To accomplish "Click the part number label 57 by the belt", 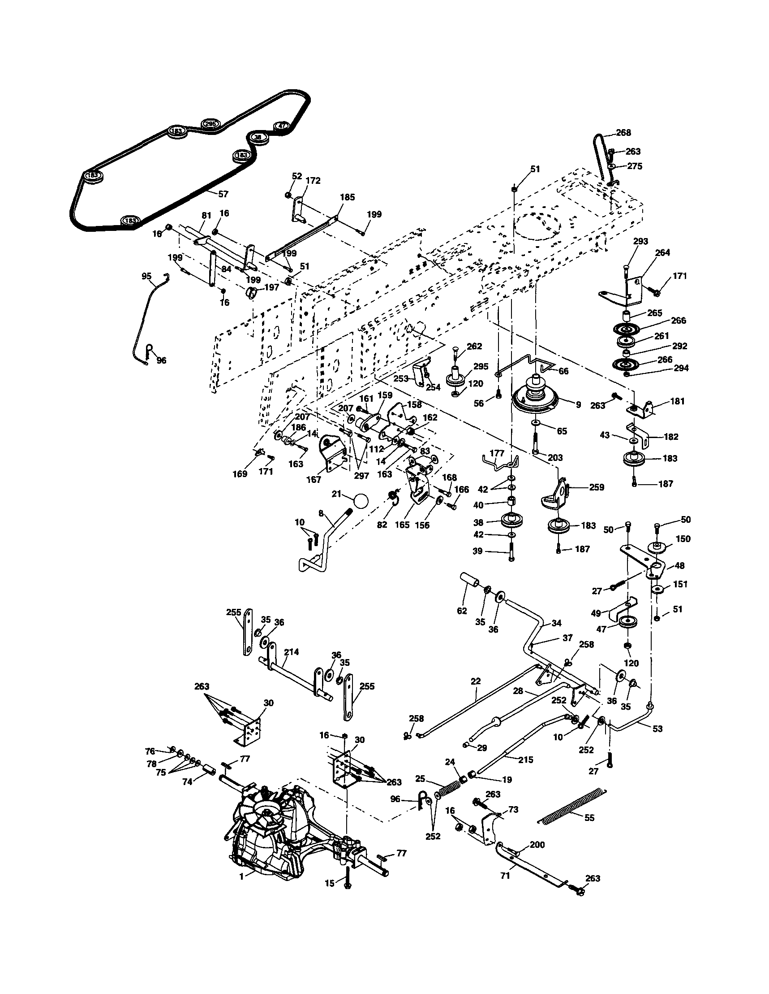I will [223, 194].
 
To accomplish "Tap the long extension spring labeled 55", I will [573, 806].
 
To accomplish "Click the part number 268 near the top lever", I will [623, 133].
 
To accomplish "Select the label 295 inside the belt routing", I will [210, 124].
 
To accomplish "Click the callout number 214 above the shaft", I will [291, 652].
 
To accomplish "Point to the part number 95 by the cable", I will [146, 276].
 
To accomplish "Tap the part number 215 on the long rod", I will [525, 759].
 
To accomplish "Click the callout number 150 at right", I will [683, 539].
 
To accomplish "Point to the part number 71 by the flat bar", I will [505, 875].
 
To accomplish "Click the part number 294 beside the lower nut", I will [681, 368].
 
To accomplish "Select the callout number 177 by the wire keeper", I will [497, 453].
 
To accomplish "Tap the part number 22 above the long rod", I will [476, 681].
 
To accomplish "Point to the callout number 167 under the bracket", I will [314, 479].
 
